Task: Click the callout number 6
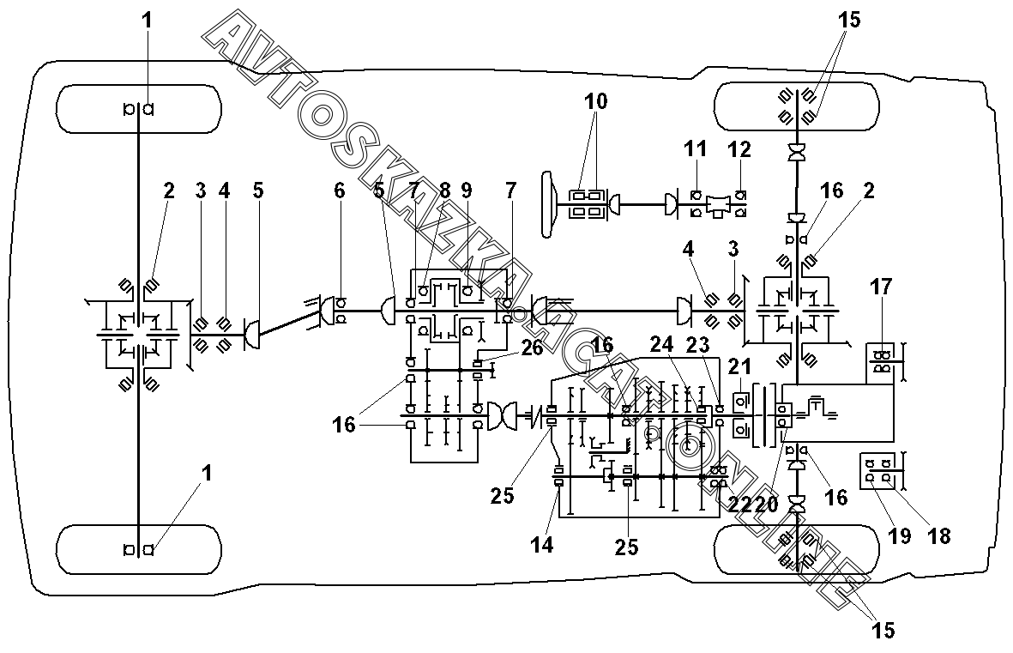point(340,190)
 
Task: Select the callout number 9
point(466,190)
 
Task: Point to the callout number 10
point(595,101)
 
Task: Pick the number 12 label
point(739,150)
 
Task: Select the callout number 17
point(883,287)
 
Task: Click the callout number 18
point(939,535)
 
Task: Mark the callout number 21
point(739,366)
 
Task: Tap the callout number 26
point(531,348)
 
